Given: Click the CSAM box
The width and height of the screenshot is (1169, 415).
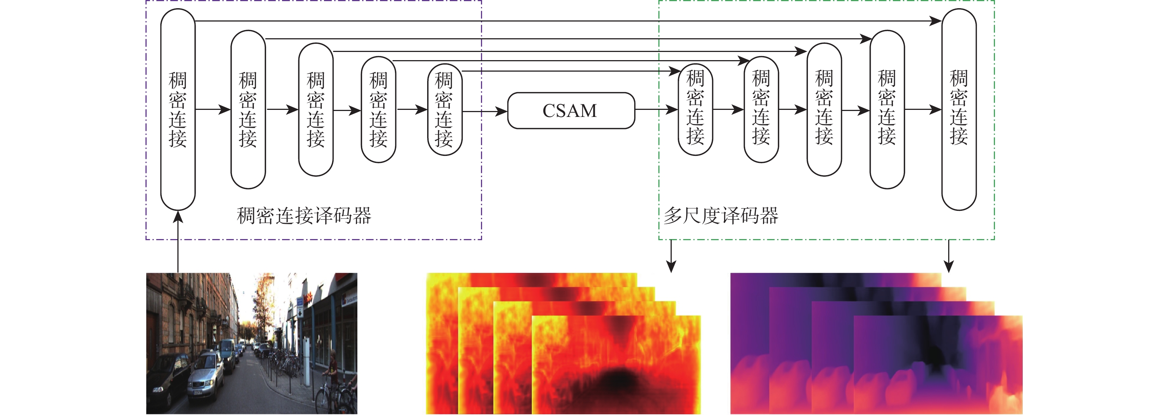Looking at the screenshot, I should (x=570, y=110).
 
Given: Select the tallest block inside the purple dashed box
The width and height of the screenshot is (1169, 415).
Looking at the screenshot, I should (x=178, y=109).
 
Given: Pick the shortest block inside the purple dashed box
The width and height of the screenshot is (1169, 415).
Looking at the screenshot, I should (x=444, y=110).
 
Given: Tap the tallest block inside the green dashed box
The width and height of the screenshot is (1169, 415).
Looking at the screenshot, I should (x=959, y=109).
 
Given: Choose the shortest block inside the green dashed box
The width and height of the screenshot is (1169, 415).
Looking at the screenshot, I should (x=695, y=110).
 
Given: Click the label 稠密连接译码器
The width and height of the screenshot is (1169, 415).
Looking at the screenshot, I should (x=304, y=216).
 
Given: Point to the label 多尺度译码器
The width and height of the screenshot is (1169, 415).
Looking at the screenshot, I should (x=721, y=216).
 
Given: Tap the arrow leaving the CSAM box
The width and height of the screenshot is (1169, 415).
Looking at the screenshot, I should (x=656, y=110).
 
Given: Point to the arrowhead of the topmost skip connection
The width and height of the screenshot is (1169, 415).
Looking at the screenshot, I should (x=935, y=21).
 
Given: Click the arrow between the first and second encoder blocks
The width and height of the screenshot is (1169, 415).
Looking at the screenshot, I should (x=213, y=110).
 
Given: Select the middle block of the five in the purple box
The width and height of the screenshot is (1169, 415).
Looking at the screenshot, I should (x=315, y=110).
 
